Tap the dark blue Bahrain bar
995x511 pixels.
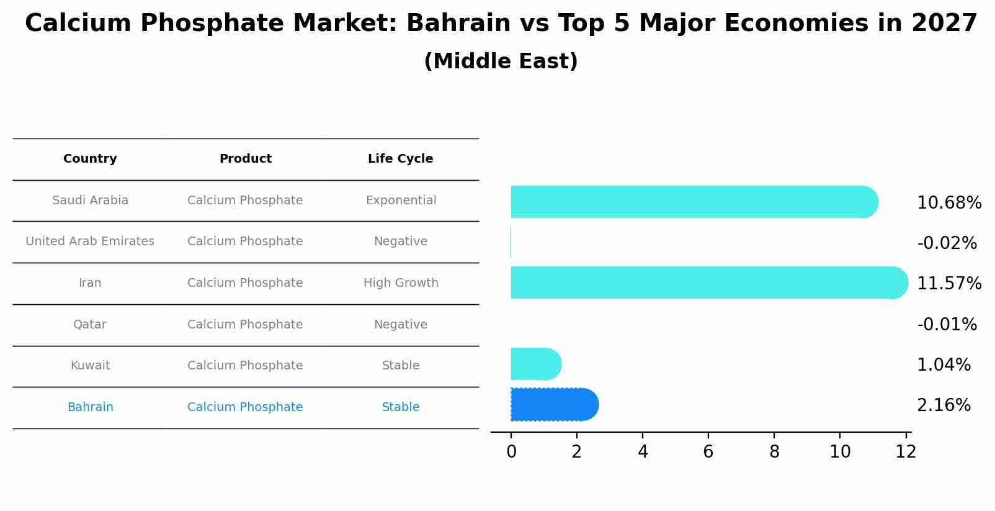pyautogui.click(x=554, y=405)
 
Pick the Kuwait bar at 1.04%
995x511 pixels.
pyautogui.click(x=535, y=364)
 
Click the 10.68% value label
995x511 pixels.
pyautogui.click(x=948, y=203)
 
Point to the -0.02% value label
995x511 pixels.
pyautogui.click(x=947, y=243)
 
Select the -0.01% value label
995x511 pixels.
pyautogui.click(x=947, y=325)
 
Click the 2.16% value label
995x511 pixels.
pyautogui.click(x=944, y=405)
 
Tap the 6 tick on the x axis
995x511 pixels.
pyautogui.click(x=708, y=452)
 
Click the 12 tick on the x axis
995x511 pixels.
pyautogui.click(x=906, y=452)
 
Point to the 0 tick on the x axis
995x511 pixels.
pyautogui.click(x=511, y=452)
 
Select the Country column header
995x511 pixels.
pyautogui.click(x=90, y=159)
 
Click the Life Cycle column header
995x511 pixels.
pyautogui.click(x=400, y=159)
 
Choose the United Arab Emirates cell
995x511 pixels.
pyautogui.click(x=90, y=242)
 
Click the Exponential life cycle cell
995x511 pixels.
pyautogui.click(x=401, y=201)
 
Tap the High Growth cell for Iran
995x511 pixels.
pyautogui.click(x=401, y=283)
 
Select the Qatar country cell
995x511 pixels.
pyautogui.click(x=90, y=325)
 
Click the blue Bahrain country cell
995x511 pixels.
pyautogui.click(x=91, y=407)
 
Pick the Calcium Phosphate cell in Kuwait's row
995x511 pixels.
pyautogui.click(x=245, y=366)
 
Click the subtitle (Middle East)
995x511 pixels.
pyautogui.click(x=501, y=61)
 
